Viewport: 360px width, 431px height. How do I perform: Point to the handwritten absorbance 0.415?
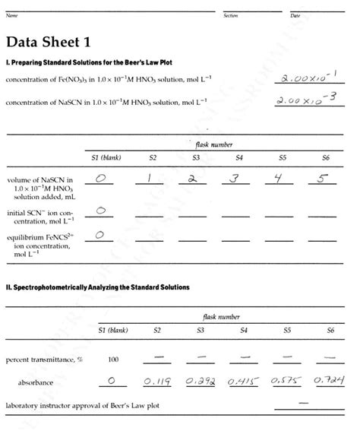pos(243,379)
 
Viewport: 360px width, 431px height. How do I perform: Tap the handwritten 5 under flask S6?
pos(324,179)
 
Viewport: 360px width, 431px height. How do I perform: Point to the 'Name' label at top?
pos(11,15)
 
